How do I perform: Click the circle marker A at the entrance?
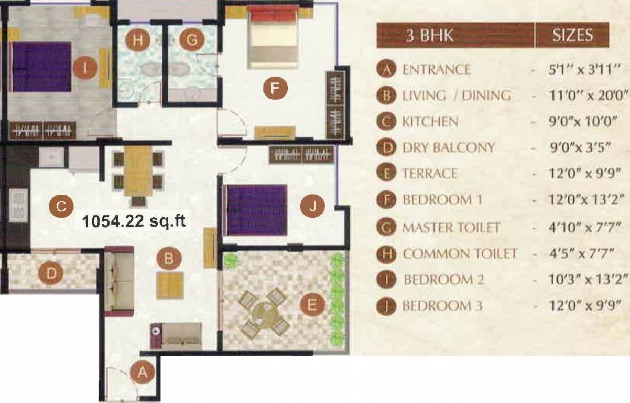pyautogui.click(x=140, y=372)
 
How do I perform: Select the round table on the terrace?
pyautogui.click(x=264, y=314)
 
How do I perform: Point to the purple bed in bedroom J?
pyautogui.click(x=255, y=210)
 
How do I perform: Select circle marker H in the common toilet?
pyautogui.click(x=137, y=40)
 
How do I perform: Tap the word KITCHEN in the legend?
pyautogui.click(x=430, y=122)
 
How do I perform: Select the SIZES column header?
pyautogui.click(x=572, y=35)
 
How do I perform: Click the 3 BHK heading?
pyautogui.click(x=430, y=36)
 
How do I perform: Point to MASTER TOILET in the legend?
pyautogui.click(x=451, y=228)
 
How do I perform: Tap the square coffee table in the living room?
pyautogui.click(x=170, y=285)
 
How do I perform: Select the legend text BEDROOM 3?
pyautogui.click(x=442, y=306)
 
